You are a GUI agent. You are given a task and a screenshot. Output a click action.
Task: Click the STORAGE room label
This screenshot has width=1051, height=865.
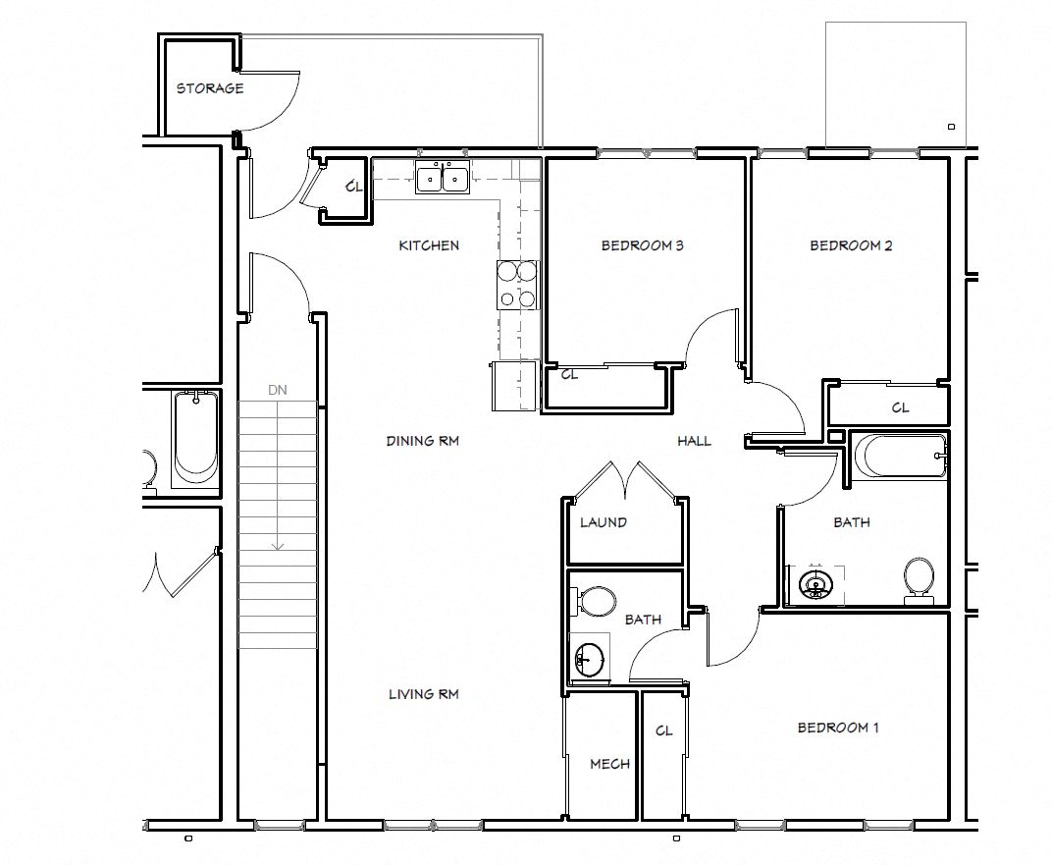click(x=209, y=88)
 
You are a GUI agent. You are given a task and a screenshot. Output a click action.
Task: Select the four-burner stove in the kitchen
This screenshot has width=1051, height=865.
click(x=517, y=285)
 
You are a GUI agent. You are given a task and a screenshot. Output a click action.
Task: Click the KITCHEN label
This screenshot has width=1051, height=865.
click(x=428, y=245)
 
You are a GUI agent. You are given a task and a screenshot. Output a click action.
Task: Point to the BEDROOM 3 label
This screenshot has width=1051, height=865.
click(x=642, y=245)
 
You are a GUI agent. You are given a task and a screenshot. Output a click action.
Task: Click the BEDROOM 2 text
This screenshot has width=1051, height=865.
click(x=850, y=245)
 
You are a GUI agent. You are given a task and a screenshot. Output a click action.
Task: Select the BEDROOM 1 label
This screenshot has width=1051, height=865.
click(x=837, y=728)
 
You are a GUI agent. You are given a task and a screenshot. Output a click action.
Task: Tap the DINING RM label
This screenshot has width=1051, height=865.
click(x=422, y=441)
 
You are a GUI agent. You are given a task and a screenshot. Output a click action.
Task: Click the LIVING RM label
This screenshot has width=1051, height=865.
click(x=423, y=694)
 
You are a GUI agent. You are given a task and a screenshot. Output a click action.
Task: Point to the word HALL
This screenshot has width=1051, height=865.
click(x=694, y=441)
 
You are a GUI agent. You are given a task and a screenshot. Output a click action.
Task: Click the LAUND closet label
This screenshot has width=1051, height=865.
click(x=603, y=522)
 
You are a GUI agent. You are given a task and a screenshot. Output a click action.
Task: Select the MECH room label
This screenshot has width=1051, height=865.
click(x=609, y=764)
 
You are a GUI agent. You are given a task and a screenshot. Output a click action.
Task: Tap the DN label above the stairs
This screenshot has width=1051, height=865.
click(x=278, y=390)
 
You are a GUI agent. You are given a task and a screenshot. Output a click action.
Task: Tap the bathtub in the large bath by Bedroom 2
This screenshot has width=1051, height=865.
click(x=899, y=457)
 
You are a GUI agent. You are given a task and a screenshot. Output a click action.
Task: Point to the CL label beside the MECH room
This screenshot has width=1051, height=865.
click(x=663, y=730)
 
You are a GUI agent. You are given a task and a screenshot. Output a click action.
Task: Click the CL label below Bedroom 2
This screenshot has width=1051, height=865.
click(x=899, y=407)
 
